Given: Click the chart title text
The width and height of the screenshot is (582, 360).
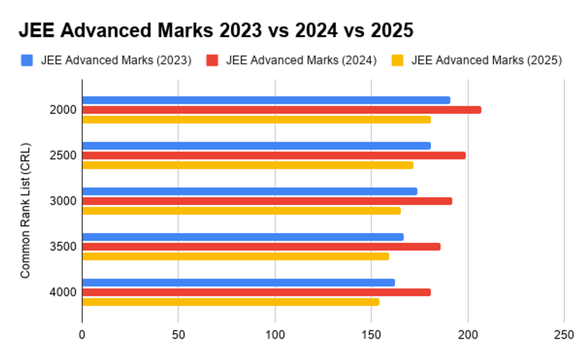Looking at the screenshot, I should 216,31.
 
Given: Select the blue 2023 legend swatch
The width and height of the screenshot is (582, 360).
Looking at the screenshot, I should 27,61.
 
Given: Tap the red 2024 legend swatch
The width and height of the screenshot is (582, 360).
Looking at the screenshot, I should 212,61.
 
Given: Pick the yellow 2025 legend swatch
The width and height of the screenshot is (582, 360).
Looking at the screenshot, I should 397,61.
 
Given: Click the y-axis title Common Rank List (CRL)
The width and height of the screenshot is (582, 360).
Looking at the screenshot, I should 26,210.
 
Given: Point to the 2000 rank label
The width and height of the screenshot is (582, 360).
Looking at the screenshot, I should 63,110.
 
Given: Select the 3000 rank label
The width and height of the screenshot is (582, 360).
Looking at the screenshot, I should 63,201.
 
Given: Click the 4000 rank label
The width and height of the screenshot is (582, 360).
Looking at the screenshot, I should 63,292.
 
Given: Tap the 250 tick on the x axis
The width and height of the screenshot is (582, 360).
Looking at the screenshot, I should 564,335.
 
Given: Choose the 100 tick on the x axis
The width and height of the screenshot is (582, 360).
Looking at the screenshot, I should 275,335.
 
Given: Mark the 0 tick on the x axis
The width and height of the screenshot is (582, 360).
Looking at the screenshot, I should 82,335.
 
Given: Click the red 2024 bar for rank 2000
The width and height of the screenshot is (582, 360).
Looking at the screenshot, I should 281,110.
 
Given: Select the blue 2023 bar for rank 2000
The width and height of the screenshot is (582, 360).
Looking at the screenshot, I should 266,100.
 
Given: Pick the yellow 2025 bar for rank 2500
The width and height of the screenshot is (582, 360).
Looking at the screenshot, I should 247,165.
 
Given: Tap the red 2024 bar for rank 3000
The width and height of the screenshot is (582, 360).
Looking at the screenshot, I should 267,201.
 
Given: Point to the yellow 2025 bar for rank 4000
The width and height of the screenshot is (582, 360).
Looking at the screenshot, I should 230,302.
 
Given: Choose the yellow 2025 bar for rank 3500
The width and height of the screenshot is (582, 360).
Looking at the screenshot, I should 235,256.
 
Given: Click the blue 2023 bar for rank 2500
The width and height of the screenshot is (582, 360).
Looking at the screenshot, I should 256,146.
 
